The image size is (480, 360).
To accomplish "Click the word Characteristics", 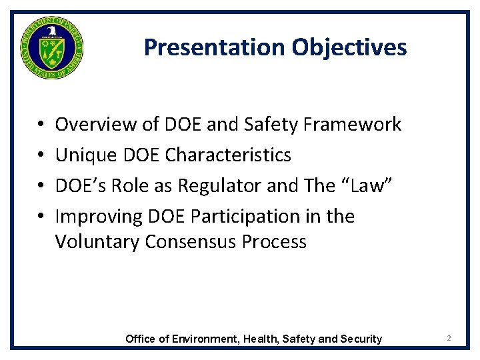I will tap(228, 155).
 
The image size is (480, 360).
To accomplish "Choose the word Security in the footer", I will tap(361, 339).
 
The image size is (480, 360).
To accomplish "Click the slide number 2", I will tap(449, 339).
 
